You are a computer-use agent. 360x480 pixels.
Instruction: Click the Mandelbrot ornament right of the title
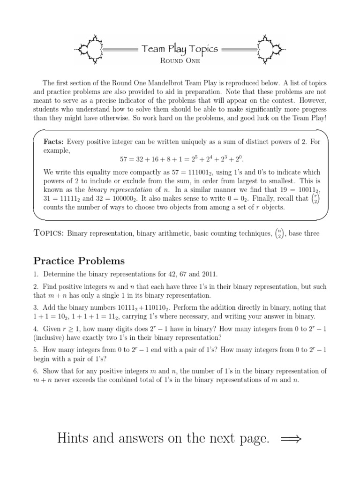[x=271, y=47]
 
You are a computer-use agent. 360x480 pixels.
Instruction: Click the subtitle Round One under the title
[x=180, y=60]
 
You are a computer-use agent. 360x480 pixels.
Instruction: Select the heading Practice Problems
[x=79, y=260]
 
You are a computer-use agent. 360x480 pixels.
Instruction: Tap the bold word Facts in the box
[x=54, y=142]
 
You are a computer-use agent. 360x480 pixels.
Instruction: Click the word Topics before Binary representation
[x=49, y=233]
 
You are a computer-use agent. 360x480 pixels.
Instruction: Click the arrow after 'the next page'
[x=291, y=439]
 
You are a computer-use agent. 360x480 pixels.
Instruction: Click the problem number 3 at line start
[x=36, y=307]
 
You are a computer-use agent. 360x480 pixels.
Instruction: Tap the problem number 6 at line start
[x=36, y=371]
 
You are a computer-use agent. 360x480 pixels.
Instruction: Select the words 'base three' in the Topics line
[x=305, y=233]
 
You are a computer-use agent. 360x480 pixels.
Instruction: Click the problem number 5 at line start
[x=36, y=350]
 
